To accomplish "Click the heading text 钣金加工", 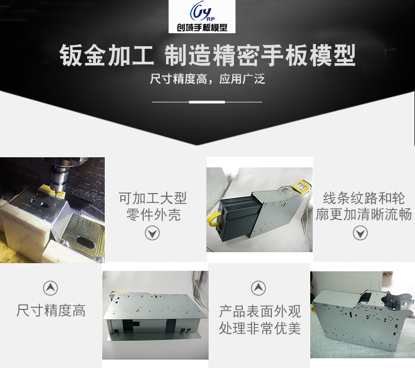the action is [x=107, y=56].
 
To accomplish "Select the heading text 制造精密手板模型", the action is [x=260, y=56].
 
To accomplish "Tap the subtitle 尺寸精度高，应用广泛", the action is [x=207, y=79].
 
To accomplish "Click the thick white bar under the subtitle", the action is [x=207, y=102].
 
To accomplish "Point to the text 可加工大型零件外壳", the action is [x=153, y=206].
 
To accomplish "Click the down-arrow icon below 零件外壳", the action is [x=152, y=233].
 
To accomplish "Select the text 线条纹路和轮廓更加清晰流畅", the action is [x=364, y=206].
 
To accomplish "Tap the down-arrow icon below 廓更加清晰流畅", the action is [x=360, y=233].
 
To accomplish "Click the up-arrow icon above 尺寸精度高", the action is [x=50, y=288].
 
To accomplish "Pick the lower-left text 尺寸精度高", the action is [x=51, y=310].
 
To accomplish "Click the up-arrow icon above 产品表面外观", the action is [x=258, y=288].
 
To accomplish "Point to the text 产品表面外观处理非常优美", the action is [x=260, y=320].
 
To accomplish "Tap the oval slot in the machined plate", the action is [x=86, y=242].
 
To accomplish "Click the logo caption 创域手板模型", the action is [x=202, y=28].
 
